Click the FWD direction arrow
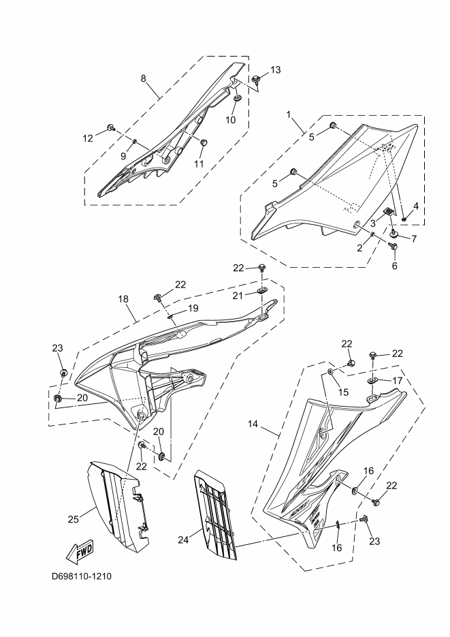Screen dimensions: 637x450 80,551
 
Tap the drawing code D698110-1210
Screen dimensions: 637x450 82,576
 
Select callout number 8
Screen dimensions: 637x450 144,78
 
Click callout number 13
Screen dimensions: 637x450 275,69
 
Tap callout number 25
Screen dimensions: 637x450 73,520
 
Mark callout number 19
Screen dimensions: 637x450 193,308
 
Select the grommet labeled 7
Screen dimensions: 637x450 394,233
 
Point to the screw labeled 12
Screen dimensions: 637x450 110,128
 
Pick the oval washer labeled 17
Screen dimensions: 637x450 374,379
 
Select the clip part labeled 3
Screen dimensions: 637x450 387,213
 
